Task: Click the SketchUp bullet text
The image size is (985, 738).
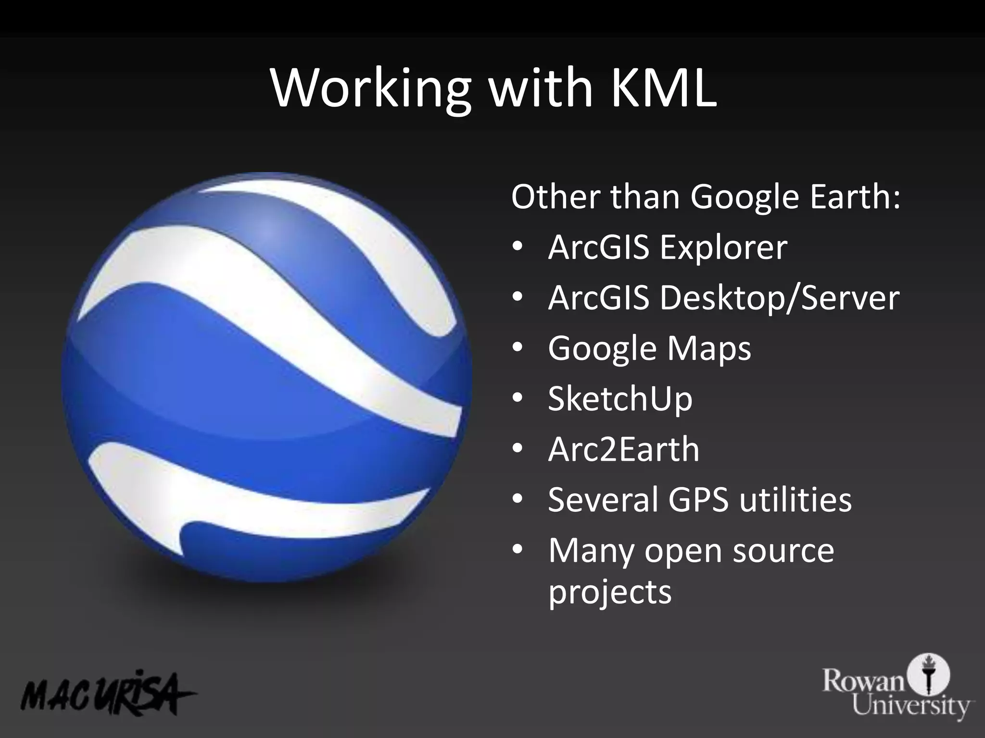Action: click(620, 399)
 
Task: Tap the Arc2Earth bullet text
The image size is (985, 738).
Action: click(623, 450)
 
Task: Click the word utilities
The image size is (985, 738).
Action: click(796, 500)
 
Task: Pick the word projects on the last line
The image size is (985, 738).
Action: click(610, 592)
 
